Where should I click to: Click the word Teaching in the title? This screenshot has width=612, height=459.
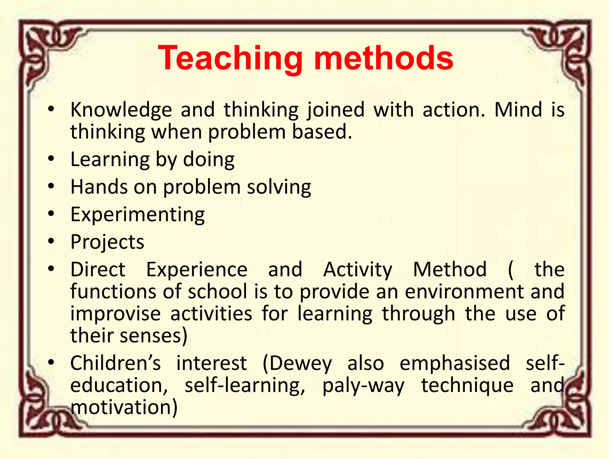[x=230, y=58]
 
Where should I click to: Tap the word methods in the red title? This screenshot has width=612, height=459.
[x=384, y=58]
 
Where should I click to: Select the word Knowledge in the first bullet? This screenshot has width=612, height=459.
[x=121, y=110]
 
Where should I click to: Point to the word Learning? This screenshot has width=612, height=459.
[x=110, y=160]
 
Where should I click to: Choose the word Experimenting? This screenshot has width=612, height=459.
[x=137, y=215]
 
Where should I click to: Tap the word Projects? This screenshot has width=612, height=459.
[x=107, y=242]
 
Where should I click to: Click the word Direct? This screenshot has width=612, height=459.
[x=98, y=270]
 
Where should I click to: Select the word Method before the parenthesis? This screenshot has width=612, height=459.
[x=450, y=270]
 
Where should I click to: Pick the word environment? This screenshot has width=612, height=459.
[x=464, y=292]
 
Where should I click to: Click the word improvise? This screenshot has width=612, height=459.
[x=115, y=314]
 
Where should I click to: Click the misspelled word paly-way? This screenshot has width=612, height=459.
[x=363, y=386]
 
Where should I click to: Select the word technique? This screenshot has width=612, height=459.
[x=467, y=386]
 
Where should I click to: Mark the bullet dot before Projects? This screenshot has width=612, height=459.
[x=51, y=241]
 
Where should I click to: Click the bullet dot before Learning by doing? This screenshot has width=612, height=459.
[x=51, y=159]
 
